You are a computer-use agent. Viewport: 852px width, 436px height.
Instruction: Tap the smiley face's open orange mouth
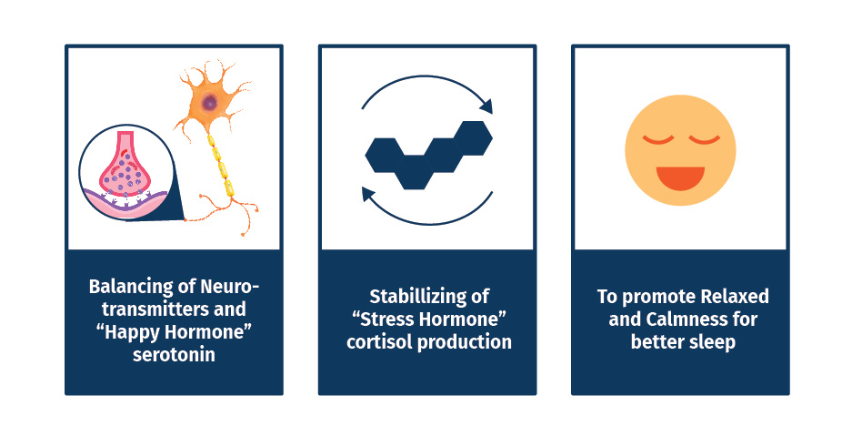[x=680, y=177]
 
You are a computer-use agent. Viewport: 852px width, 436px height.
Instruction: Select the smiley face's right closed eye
[x=704, y=139]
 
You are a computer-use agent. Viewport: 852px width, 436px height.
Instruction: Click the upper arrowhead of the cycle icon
[x=486, y=106]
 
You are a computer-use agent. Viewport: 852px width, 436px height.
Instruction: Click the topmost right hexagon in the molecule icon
[x=472, y=138]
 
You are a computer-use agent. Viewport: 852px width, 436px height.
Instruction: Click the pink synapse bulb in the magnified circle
[x=125, y=166]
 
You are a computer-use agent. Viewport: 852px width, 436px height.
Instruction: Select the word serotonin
[x=174, y=355]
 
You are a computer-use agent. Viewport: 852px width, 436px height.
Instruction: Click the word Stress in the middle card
[x=386, y=319]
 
